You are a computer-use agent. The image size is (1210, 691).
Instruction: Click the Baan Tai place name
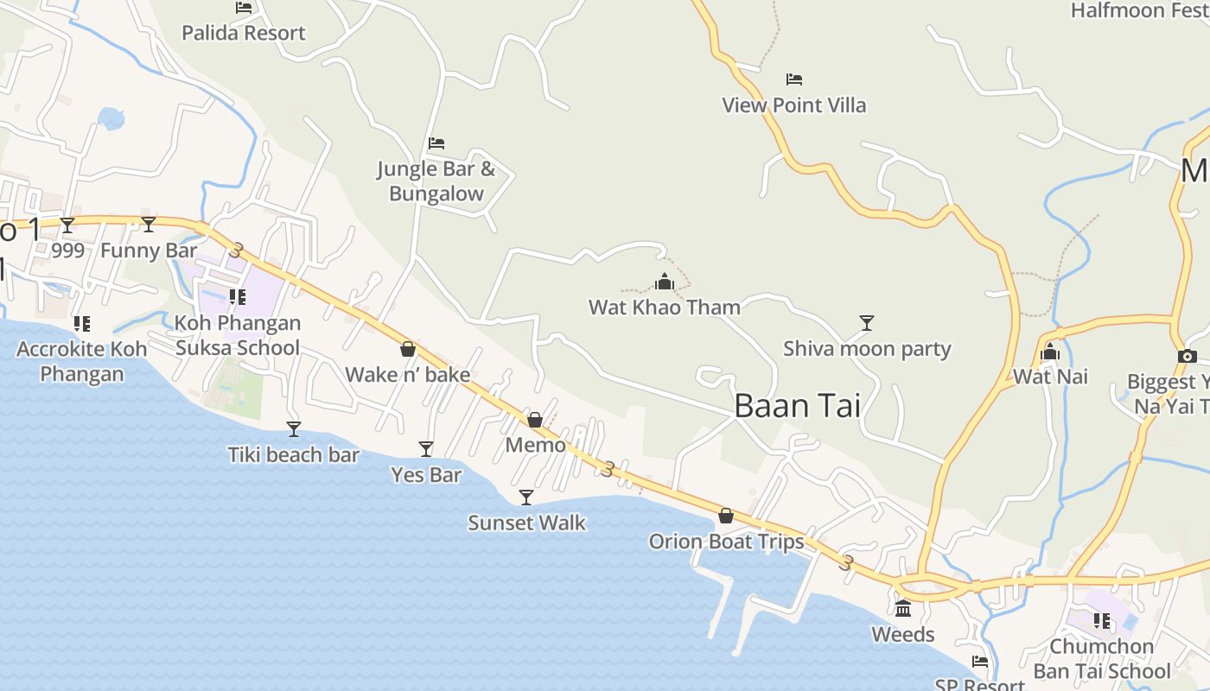[797, 406]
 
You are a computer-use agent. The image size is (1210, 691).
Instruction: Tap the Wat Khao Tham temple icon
[664, 282]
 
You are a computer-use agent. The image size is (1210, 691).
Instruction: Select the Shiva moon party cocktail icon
[867, 323]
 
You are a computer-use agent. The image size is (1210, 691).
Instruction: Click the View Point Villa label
[793, 105]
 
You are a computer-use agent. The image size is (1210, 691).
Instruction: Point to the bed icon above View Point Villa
[794, 79]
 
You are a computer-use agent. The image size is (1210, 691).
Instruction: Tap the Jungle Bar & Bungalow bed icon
[436, 143]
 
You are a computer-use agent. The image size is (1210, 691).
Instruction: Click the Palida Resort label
[244, 33]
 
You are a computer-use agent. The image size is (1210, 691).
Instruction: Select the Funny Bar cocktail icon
[149, 225]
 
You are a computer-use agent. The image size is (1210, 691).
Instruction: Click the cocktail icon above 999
[67, 225]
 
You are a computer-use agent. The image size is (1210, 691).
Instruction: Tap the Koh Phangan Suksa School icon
[238, 297]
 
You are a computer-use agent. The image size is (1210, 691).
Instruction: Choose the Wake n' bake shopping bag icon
[408, 349]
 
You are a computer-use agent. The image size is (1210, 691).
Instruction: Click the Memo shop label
[536, 446]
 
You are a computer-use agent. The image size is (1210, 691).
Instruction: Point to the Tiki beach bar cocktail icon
[294, 428]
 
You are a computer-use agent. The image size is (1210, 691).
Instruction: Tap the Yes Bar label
[426, 475]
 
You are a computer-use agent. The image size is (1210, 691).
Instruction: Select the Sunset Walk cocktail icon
[525, 497]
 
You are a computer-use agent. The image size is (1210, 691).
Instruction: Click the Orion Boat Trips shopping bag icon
[726, 516]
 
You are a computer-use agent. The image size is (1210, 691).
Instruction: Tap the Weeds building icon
[903, 609]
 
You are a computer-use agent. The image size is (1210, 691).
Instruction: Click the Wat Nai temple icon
[1050, 352]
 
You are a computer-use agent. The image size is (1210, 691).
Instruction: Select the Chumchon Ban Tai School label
[1102, 659]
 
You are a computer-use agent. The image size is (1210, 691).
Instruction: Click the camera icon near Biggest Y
[1187, 356]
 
